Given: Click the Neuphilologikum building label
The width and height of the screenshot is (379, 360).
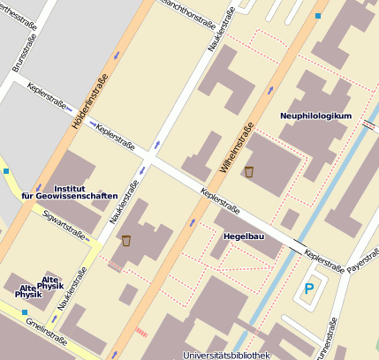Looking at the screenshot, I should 315,116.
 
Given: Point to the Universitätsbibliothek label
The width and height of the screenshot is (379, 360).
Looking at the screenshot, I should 225,355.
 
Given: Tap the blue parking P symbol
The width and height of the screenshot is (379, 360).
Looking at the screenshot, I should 308,289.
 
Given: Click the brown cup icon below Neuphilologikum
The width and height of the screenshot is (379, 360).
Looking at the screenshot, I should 249,171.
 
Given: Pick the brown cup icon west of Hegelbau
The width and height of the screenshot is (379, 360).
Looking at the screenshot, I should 126,241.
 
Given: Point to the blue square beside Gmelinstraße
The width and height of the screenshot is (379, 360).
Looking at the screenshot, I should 25,310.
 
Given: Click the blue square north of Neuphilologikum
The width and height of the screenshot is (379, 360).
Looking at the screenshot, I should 318,16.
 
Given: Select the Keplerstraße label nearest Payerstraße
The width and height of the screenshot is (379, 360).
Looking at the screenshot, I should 323,259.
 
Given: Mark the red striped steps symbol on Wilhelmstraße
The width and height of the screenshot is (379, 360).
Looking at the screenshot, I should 141,333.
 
